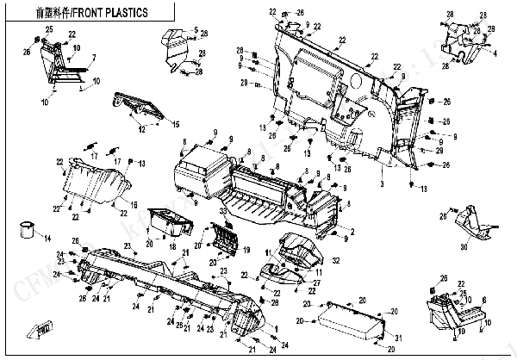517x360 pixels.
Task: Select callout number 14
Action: (47, 237)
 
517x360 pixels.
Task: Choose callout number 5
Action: (196, 30)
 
